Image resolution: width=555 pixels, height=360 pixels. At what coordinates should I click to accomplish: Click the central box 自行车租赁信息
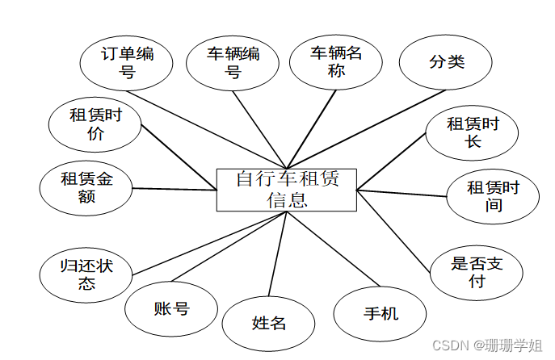287,189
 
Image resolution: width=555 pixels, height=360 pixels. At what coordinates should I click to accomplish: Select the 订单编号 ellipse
127,63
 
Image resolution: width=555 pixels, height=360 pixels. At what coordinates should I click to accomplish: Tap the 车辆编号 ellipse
233,62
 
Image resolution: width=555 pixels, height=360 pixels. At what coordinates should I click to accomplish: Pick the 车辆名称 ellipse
335,61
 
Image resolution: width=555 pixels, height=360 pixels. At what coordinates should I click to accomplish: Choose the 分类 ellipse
445,62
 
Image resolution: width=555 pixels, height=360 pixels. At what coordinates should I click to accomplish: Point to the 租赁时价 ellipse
95,124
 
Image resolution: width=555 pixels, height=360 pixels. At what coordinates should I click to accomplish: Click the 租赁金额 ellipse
86,188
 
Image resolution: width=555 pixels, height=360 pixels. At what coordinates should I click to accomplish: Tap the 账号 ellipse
171,308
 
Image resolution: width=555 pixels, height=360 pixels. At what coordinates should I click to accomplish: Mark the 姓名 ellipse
269,323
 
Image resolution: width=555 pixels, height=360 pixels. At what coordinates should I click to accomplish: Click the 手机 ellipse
378,312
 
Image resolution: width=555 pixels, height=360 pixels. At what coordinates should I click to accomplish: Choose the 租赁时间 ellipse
494,196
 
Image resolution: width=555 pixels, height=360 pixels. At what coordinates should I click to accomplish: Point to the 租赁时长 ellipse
473,133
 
